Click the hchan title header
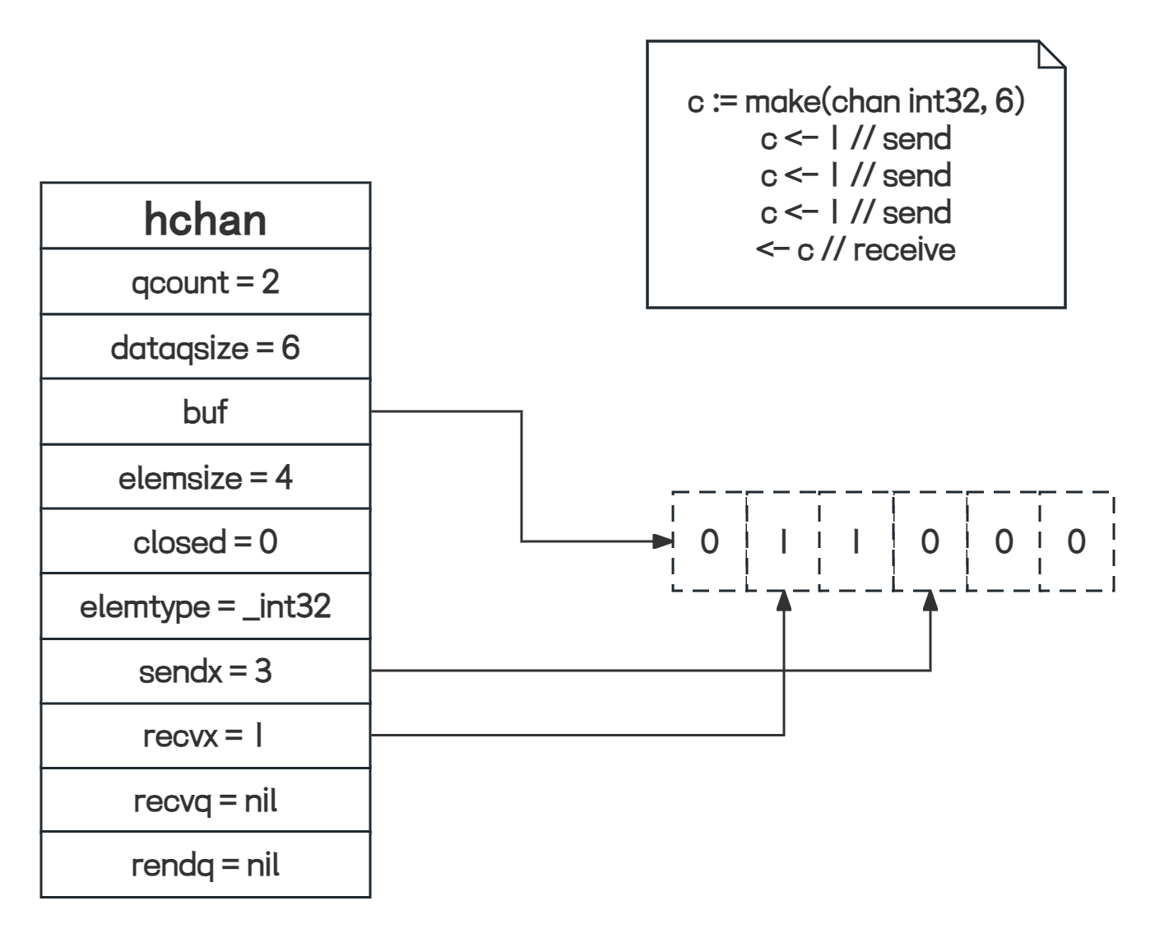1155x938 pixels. click(206, 219)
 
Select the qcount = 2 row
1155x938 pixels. click(206, 282)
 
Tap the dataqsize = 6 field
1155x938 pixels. click(206, 347)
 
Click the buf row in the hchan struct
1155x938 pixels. click(206, 411)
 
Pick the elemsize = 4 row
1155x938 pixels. click(206, 477)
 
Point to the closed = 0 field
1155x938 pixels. click(206, 541)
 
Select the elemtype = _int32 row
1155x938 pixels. click(206, 606)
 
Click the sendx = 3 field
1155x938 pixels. click(206, 671)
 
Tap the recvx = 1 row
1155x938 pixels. click(206, 736)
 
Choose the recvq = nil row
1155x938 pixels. click(206, 800)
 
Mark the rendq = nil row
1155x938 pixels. click(206, 865)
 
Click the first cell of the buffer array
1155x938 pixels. click(709, 541)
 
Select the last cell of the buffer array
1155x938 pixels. click(1076, 541)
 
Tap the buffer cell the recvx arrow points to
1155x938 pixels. click(783, 541)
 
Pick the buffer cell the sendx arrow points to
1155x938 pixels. click(930, 541)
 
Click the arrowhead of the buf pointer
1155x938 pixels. click(662, 541)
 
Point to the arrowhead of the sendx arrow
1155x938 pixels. click(930, 601)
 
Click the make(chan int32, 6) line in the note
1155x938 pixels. click(856, 102)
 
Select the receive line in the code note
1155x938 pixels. click(856, 249)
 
